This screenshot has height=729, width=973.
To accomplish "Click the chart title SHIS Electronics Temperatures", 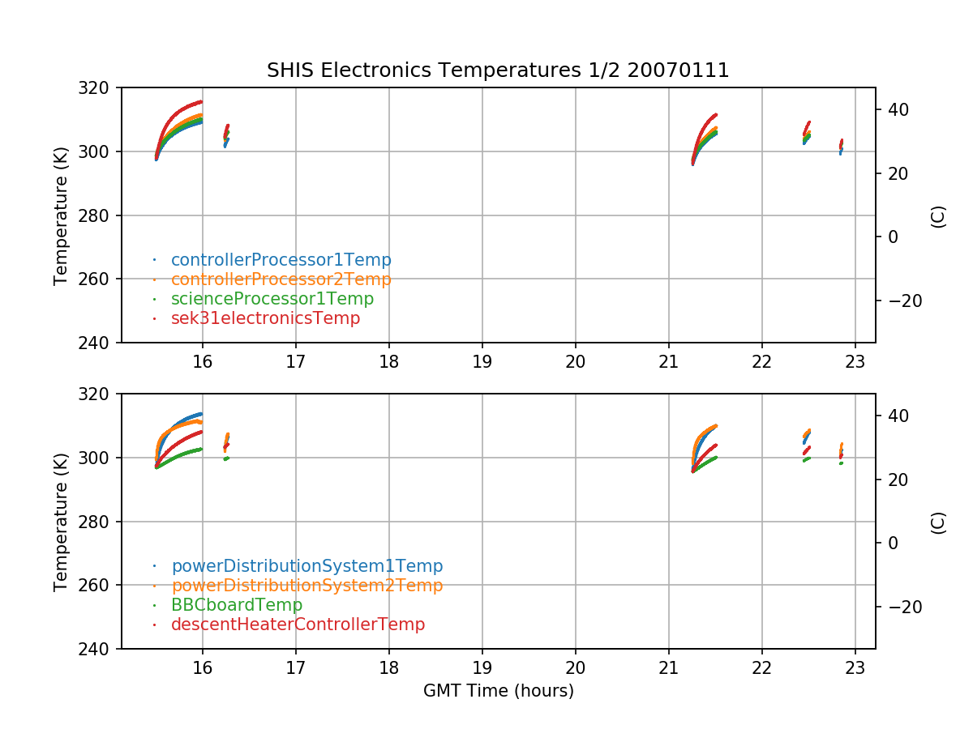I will click(498, 71).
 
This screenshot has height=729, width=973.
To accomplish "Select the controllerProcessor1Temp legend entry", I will click(281, 260).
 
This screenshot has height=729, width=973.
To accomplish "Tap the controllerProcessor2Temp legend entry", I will click(281, 279).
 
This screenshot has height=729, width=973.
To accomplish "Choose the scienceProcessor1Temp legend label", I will click(272, 299).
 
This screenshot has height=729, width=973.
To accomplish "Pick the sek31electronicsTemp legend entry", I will click(265, 318).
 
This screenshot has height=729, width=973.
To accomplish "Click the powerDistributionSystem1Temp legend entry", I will click(306, 566).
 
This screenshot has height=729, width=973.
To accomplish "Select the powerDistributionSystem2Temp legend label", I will click(306, 586).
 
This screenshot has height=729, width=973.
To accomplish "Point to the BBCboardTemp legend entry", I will click(236, 605).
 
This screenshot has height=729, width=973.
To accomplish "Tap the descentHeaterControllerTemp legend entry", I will click(298, 625).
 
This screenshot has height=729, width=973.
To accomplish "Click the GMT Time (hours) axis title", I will click(498, 691).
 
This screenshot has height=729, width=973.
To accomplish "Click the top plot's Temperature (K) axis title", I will click(61, 215).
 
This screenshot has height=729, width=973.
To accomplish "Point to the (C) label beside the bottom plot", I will click(938, 522).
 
